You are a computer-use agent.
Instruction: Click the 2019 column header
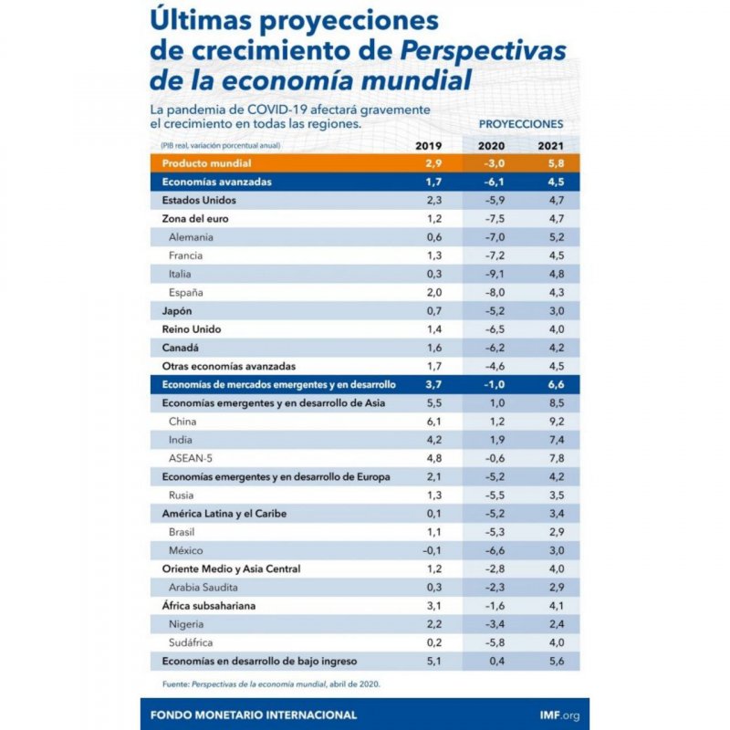(429, 146)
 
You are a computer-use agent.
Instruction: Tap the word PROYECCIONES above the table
(521, 123)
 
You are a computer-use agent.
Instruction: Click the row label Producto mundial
(202, 163)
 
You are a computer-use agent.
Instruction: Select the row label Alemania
(192, 237)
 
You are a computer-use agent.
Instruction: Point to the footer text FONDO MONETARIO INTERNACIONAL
(254, 714)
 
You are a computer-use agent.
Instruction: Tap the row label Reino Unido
(192, 329)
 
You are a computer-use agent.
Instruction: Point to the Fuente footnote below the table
(265, 683)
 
